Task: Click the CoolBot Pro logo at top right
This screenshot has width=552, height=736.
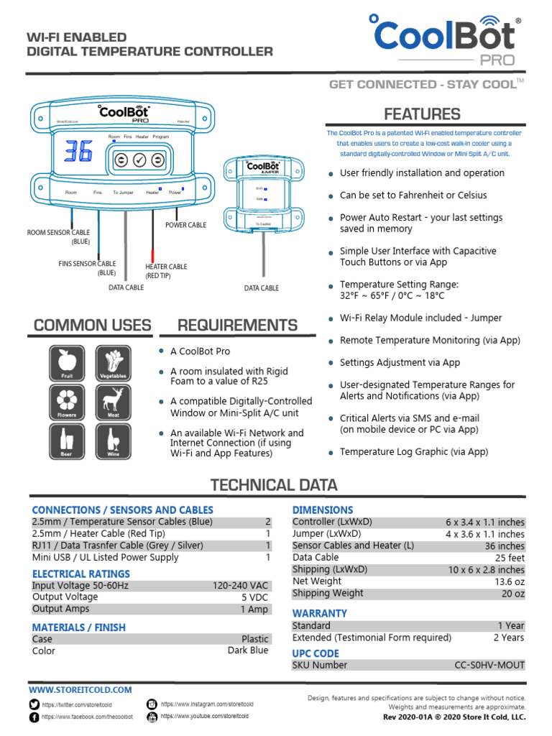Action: point(446,40)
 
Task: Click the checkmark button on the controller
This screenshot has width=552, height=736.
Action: point(139,160)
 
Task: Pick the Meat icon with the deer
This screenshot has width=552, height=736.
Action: point(114,401)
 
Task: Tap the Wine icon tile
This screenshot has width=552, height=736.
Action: point(114,440)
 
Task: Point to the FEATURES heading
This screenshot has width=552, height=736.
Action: point(422,114)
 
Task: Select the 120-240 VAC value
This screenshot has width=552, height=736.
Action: point(241,586)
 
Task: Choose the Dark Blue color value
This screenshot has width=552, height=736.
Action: point(248,650)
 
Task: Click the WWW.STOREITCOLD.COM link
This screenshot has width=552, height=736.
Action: point(80,690)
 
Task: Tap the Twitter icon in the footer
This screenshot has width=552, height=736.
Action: point(34,704)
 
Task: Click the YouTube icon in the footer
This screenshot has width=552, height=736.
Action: point(152,717)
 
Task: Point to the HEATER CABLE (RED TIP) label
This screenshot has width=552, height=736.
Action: point(166,271)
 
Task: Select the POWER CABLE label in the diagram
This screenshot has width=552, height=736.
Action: point(185,225)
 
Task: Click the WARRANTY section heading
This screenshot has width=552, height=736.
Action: point(319,613)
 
